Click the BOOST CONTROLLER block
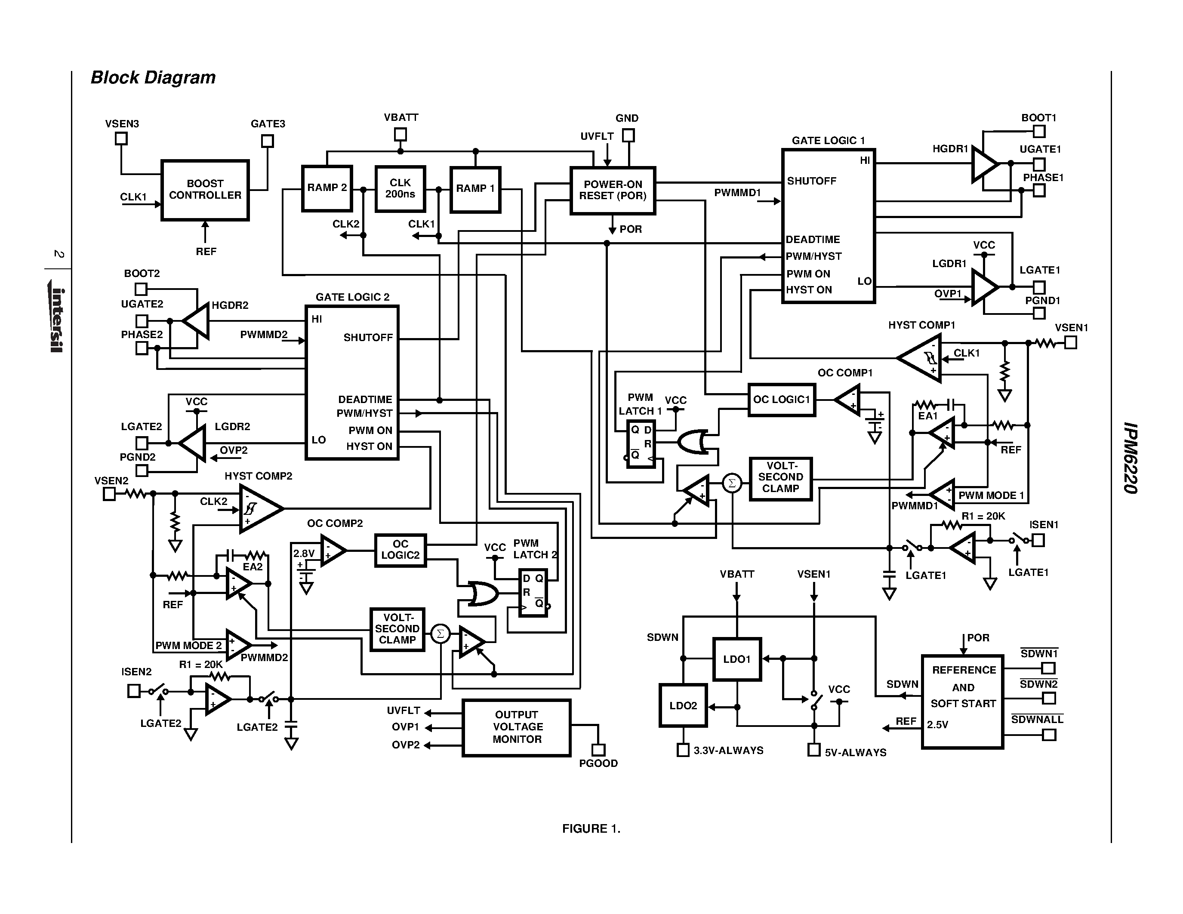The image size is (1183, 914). [205, 190]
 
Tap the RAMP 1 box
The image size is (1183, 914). [475, 189]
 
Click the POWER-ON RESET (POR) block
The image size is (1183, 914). [613, 191]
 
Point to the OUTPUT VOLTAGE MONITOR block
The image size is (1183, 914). [516, 727]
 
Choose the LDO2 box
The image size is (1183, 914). [683, 705]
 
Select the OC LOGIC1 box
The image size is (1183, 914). [781, 400]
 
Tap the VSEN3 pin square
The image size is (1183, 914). [121, 138]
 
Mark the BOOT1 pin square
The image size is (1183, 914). [1039, 132]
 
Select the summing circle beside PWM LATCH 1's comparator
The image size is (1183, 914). [732, 483]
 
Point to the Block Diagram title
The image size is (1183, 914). [153, 77]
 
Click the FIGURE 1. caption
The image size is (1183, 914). [591, 828]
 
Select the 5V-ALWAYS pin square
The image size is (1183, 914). [813, 750]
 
